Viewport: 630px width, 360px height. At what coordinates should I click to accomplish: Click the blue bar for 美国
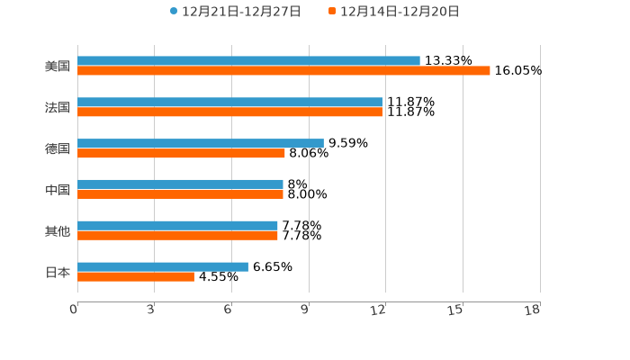point(248,61)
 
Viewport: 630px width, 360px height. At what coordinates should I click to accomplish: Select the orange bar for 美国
point(283,71)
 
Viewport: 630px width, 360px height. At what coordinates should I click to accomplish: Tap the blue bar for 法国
point(229,103)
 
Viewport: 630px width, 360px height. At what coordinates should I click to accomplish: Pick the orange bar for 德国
point(181,154)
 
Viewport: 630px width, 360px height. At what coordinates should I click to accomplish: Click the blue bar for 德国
point(201,143)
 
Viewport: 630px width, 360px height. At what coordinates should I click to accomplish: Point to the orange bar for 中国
point(180,194)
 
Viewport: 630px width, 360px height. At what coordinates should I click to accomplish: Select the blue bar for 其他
point(177,225)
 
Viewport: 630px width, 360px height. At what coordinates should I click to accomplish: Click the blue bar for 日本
point(163,266)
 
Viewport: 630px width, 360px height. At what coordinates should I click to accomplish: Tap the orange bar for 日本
point(136,277)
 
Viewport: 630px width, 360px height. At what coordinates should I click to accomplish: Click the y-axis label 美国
point(58,67)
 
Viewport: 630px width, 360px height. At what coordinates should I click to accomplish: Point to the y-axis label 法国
point(58,108)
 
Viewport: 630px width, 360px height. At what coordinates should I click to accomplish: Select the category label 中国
point(58,190)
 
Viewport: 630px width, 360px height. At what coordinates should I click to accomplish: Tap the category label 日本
point(58,273)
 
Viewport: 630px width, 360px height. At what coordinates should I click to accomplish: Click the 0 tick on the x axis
point(74,310)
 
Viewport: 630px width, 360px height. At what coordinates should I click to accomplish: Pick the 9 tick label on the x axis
point(305,310)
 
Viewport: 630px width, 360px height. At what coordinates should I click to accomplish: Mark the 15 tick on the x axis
point(456,310)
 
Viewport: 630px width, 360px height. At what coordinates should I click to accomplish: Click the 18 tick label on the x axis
point(533,310)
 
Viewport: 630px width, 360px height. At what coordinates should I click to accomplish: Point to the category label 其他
point(58,231)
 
